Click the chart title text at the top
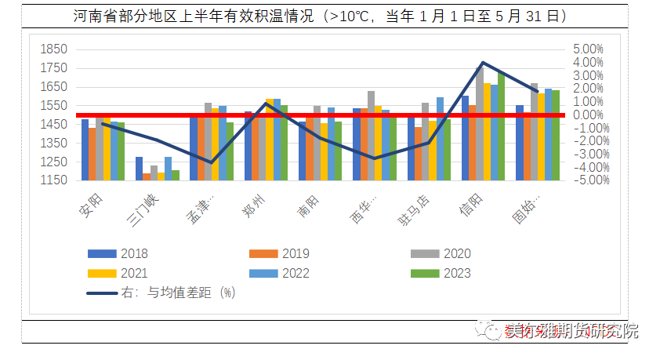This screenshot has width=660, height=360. tap(321, 16)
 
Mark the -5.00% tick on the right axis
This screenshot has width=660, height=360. tap(586, 180)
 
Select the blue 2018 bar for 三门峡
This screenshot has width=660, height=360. tap(140, 168)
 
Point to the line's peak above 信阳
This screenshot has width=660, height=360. tap(483, 63)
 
